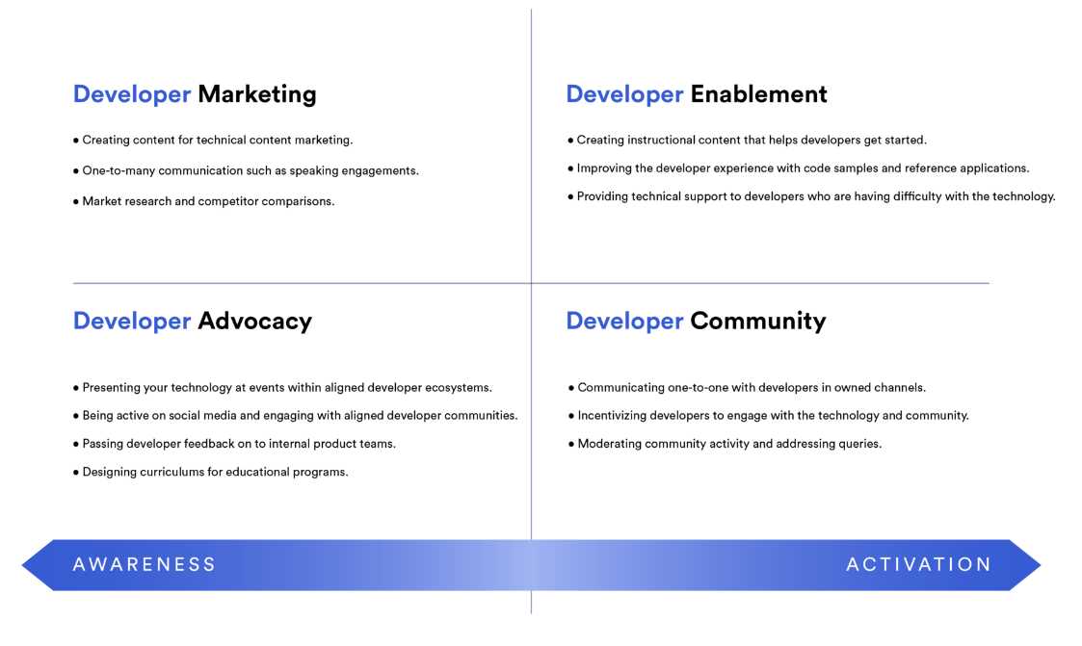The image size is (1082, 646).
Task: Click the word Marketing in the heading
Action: click(256, 94)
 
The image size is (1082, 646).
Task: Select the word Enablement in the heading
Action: click(758, 93)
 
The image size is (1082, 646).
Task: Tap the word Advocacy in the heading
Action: click(254, 322)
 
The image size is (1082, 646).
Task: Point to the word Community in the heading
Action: click(757, 322)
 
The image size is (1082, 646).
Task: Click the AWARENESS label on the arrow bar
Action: click(145, 564)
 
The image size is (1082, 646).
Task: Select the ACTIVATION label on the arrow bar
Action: click(918, 564)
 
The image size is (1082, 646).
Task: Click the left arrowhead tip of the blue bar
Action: click(22, 565)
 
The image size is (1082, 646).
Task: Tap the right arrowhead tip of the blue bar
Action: click(1041, 565)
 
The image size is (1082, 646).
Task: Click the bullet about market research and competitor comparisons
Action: click(203, 201)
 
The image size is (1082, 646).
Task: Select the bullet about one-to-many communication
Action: click(246, 171)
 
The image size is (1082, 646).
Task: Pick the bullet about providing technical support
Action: click(811, 196)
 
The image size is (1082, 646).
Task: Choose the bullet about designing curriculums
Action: click(210, 473)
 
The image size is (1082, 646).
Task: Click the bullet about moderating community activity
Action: click(725, 444)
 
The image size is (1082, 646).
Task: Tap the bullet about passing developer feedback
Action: click(234, 444)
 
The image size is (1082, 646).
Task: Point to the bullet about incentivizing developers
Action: click(769, 416)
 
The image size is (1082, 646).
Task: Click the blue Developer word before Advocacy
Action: click(132, 322)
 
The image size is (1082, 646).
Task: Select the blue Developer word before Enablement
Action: click(624, 94)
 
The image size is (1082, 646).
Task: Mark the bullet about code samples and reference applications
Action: click(799, 168)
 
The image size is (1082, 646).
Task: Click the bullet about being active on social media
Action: click(296, 416)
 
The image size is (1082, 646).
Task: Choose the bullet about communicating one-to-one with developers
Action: click(747, 387)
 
